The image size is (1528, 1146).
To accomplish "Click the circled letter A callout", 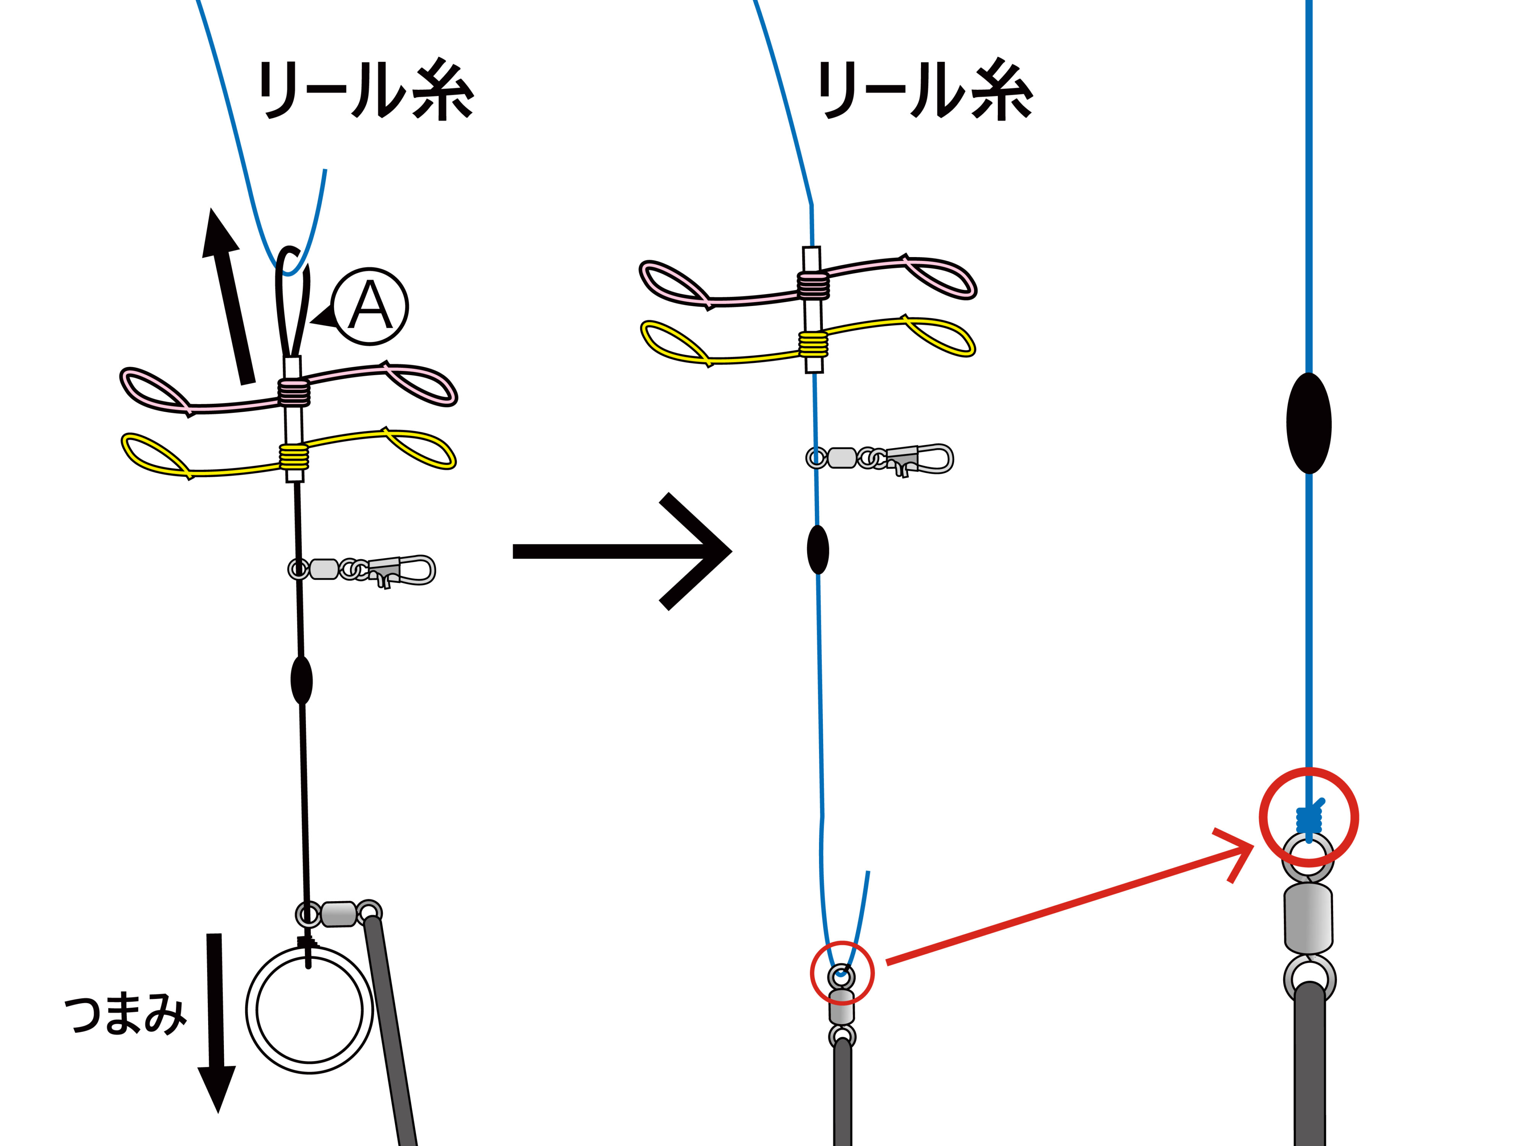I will point(369,306).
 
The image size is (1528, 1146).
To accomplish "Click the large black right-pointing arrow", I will point(622,550).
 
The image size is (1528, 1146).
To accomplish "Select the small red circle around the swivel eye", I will point(842,973).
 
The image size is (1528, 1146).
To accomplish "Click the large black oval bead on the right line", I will point(1308,423).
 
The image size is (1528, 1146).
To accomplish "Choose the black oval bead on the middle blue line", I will point(818,549).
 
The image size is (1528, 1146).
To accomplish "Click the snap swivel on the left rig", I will point(363,570).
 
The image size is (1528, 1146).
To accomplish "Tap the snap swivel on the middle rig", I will point(881,458).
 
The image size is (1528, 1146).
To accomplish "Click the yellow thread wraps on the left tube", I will point(294,456).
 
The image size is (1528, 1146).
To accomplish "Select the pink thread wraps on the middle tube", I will point(813,285).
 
